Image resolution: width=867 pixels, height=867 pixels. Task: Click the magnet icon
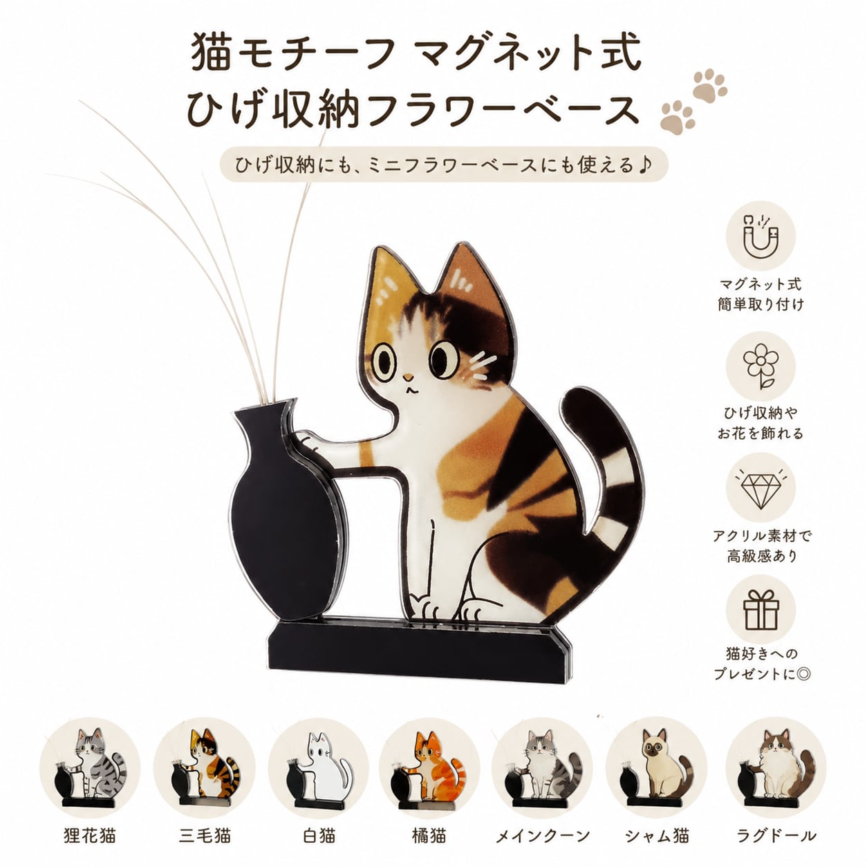[x=761, y=236]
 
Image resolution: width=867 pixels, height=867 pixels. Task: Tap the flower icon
[x=761, y=366]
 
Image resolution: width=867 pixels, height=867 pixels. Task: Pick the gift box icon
[x=761, y=610]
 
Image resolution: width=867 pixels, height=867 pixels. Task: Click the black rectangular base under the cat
[x=418, y=648]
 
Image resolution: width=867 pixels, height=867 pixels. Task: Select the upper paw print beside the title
[x=710, y=86]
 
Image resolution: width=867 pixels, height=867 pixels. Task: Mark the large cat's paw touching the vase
[x=310, y=443]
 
